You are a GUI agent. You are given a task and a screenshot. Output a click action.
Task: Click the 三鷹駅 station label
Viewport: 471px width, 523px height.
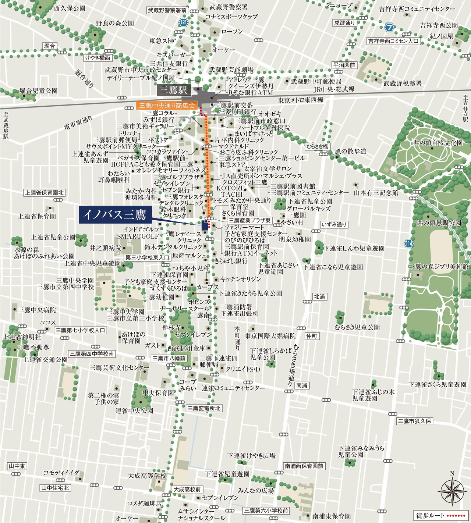click(x=173, y=90)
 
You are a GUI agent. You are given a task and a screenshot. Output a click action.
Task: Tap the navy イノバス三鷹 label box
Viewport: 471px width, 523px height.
click(x=115, y=214)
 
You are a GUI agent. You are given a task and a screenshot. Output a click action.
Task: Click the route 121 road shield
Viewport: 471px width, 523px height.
click(x=184, y=22)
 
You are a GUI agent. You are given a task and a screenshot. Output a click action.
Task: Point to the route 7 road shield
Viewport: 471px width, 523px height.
click(x=390, y=27)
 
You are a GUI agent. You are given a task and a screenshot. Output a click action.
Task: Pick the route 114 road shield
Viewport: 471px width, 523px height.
click(x=408, y=243)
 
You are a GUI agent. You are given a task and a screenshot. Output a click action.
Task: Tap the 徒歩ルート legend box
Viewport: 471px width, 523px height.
click(x=441, y=515)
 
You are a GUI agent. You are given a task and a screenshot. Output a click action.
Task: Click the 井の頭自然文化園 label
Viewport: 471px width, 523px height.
click(x=438, y=143)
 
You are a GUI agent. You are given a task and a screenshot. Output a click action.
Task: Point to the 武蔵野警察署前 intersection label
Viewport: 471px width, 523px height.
click(x=167, y=10)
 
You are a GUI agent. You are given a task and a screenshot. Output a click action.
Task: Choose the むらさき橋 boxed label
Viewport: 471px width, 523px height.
click(x=317, y=146)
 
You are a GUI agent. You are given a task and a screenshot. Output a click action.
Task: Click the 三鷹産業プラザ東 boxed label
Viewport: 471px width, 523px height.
click(x=249, y=220)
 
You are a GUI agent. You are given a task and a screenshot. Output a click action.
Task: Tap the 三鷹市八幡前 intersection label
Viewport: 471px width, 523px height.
click(x=169, y=358)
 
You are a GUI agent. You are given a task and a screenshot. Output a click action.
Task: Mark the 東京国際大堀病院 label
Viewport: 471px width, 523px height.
click(x=270, y=336)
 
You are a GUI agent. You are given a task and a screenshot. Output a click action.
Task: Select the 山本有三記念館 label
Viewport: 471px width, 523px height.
click(x=376, y=192)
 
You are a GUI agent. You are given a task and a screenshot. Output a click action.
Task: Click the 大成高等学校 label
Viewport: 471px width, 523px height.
click(x=147, y=476)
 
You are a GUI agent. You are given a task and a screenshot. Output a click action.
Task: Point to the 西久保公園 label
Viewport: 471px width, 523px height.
click(x=70, y=8)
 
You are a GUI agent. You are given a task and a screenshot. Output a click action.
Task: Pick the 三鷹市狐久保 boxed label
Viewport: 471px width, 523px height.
click(x=414, y=421)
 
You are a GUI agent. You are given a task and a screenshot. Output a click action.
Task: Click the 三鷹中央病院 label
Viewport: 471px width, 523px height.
click(x=37, y=310)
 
